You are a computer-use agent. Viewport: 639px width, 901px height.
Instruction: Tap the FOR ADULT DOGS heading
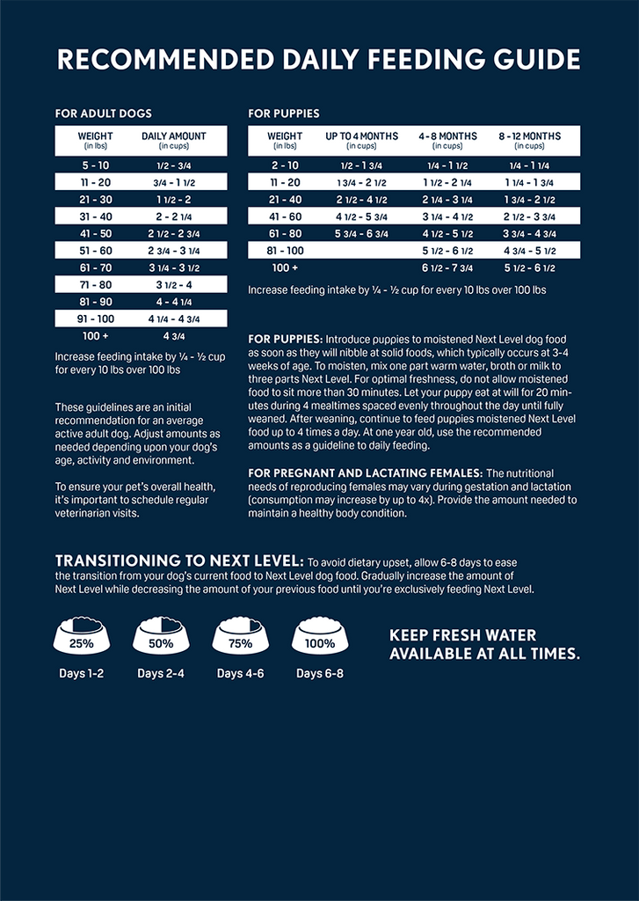tap(103, 114)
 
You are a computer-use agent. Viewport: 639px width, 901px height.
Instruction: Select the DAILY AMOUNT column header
tap(174, 140)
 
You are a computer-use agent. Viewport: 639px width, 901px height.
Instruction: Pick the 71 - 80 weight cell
tap(96, 284)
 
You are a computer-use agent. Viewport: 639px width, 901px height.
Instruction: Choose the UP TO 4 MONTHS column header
tap(361, 140)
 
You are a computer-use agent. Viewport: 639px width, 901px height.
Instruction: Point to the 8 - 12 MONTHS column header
tap(529, 140)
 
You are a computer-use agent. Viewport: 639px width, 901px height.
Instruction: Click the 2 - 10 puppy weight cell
tap(285, 165)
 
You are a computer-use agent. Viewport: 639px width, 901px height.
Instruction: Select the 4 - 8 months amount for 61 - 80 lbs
tap(447, 233)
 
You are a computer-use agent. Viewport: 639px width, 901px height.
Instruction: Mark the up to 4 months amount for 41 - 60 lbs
tap(361, 216)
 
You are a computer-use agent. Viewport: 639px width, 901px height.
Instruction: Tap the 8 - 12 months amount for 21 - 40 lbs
tap(529, 200)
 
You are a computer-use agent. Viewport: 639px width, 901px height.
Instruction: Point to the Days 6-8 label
tap(320, 674)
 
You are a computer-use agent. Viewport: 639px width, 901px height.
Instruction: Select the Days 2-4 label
tap(161, 674)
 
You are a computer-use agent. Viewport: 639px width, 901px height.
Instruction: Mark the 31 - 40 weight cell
tap(96, 216)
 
